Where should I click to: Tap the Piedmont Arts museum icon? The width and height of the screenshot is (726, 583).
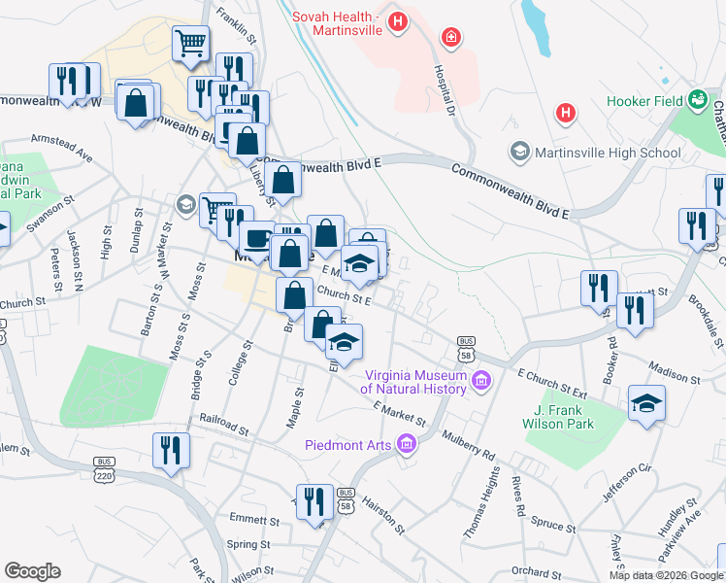click(406, 445)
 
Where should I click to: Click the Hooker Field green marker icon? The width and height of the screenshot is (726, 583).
click(697, 99)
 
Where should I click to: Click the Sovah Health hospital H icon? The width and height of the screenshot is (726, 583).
click(396, 21)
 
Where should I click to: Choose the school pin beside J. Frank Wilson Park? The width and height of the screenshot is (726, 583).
click(647, 403)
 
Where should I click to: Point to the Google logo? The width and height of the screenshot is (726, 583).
click(32, 571)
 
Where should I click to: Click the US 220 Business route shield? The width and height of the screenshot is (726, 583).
click(105, 469)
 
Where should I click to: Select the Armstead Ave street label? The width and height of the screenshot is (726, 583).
click(61, 147)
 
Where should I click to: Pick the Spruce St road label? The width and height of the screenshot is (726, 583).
click(554, 525)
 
